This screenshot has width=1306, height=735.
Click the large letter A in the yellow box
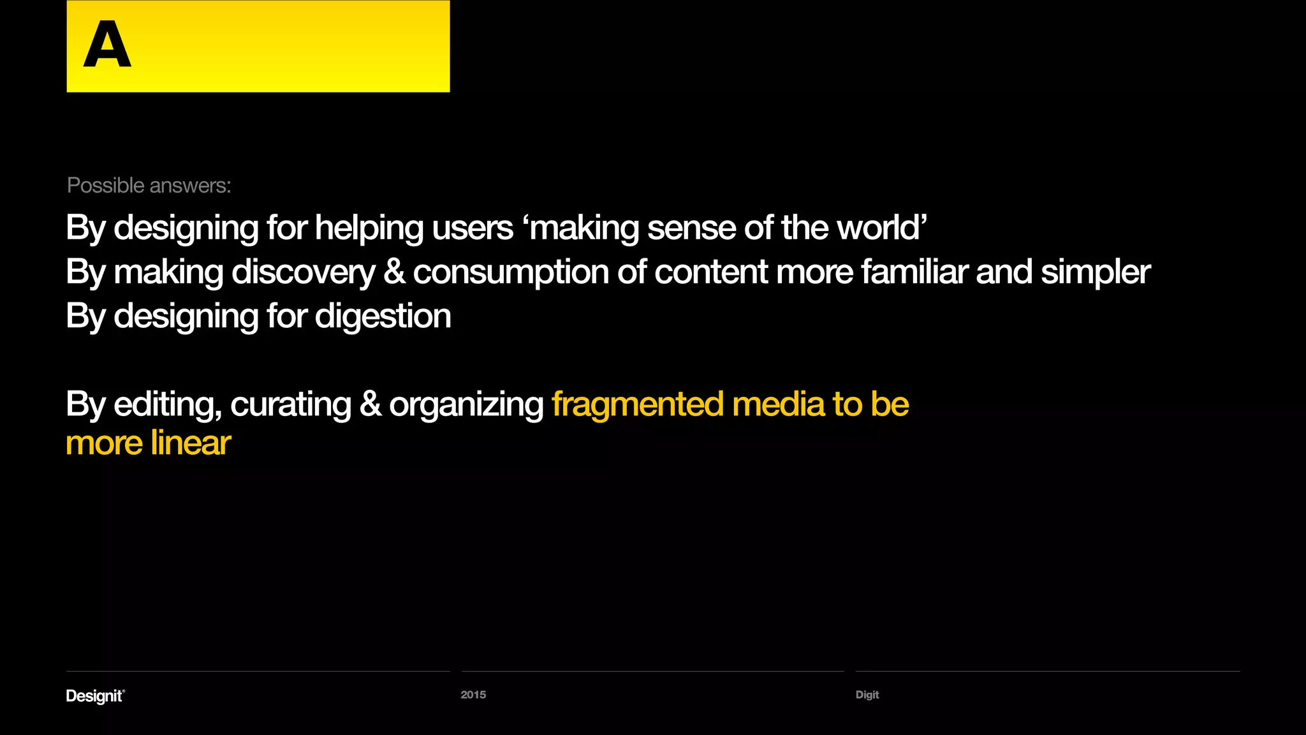pos(107,44)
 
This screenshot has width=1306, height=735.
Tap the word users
pos(473,228)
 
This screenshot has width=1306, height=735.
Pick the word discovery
pos(304,272)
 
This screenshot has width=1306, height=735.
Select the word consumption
pos(510,272)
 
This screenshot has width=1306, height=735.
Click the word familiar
pos(914,272)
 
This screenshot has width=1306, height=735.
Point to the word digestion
pos(383,316)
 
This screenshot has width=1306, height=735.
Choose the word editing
pos(167,405)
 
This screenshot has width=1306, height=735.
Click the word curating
pos(291,405)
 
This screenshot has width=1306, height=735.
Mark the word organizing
pos(466,405)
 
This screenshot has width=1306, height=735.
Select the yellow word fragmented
pos(638,405)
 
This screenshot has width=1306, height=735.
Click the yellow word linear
pos(191,443)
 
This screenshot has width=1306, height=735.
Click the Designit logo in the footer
pos(95,695)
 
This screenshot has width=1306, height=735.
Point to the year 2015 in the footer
pos(473,695)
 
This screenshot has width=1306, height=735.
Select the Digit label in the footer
pos(867,695)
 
